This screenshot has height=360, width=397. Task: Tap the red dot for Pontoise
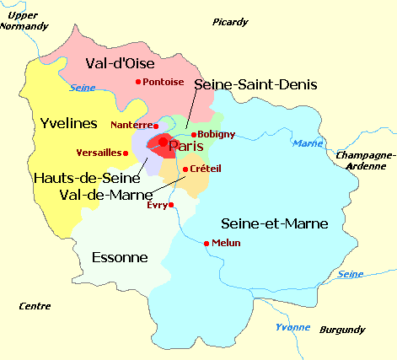[138, 82]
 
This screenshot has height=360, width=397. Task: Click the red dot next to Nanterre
[156, 126]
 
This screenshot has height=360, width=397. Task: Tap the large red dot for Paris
[164, 142]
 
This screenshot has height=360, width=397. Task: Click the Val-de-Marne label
[106, 195]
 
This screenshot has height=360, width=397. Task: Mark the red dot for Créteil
[185, 169]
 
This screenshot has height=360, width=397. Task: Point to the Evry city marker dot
[171, 204]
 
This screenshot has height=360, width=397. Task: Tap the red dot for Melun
[207, 243]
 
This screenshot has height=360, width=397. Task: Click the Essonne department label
[119, 257]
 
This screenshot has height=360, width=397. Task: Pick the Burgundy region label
[341, 330]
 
